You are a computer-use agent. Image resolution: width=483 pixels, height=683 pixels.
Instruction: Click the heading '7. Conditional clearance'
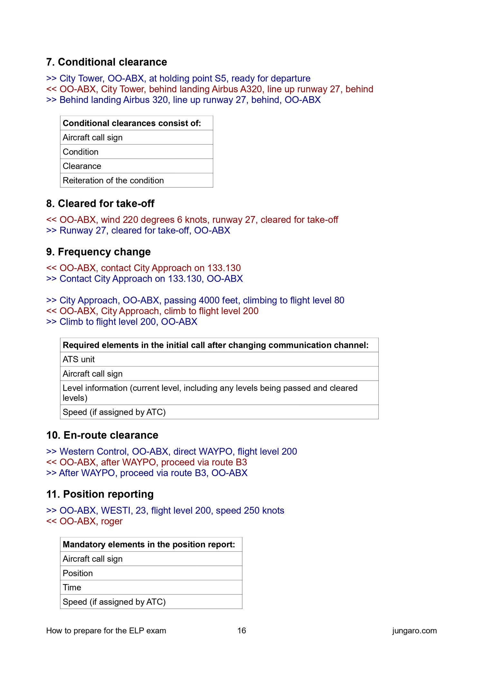[106, 62]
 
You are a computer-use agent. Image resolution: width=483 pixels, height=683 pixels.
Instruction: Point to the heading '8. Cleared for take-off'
[100, 204]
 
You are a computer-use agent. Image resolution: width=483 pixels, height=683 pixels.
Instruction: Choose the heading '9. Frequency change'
[98, 252]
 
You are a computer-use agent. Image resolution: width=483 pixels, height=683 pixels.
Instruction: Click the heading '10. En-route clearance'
[102, 435]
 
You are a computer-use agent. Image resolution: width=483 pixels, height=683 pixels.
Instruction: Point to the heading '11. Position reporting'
[100, 494]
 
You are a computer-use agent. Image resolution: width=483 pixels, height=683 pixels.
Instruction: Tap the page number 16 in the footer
[241, 631]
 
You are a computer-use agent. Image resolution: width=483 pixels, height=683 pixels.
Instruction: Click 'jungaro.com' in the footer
[414, 631]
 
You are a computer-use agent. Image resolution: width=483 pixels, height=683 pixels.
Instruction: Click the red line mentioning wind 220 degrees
[192, 220]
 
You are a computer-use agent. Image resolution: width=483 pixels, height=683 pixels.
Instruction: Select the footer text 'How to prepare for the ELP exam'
[106, 631]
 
